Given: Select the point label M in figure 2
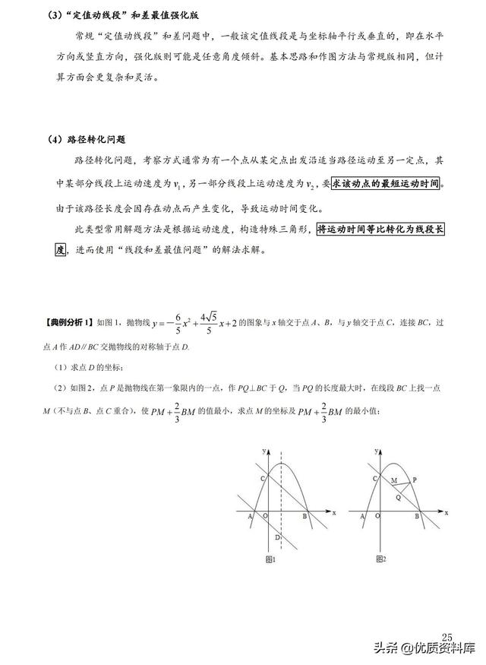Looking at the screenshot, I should (393, 481).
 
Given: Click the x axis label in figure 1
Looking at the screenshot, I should (333, 512).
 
